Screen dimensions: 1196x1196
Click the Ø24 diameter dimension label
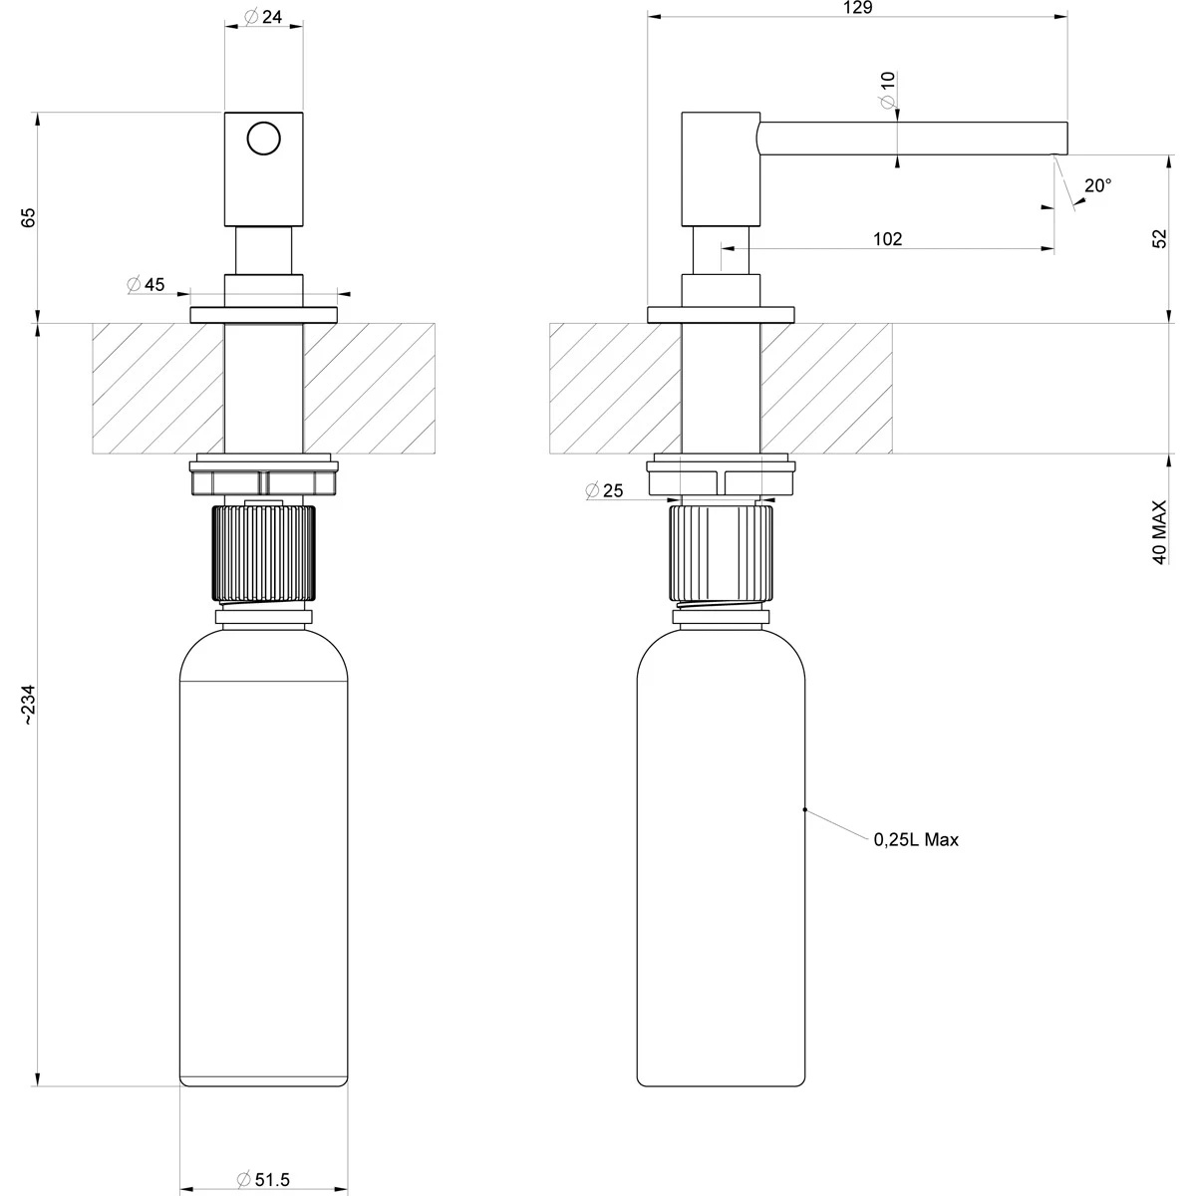click(x=262, y=16)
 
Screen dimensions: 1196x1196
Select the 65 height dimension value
click(x=28, y=217)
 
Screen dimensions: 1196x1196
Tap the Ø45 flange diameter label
click(x=146, y=285)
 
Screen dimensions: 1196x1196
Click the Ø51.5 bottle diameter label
click(x=263, y=1179)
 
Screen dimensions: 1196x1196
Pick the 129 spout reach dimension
click(x=857, y=8)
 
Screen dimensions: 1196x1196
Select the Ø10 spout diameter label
click(x=887, y=90)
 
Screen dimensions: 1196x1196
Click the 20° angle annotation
click(x=1097, y=185)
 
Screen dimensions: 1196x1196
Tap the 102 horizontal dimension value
click(x=887, y=239)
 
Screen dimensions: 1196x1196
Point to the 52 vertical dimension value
click(x=1159, y=239)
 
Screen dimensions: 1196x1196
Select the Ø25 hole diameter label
click(x=605, y=490)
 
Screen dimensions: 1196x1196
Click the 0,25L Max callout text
click(x=916, y=840)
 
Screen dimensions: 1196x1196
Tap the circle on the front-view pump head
click(x=264, y=139)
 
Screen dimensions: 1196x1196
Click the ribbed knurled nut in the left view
click(x=264, y=553)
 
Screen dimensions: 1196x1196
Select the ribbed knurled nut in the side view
click(x=721, y=553)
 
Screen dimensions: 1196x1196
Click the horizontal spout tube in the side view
click(x=912, y=139)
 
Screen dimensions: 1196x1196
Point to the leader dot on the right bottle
click(x=804, y=810)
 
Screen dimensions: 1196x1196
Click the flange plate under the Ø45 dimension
click(x=264, y=316)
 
